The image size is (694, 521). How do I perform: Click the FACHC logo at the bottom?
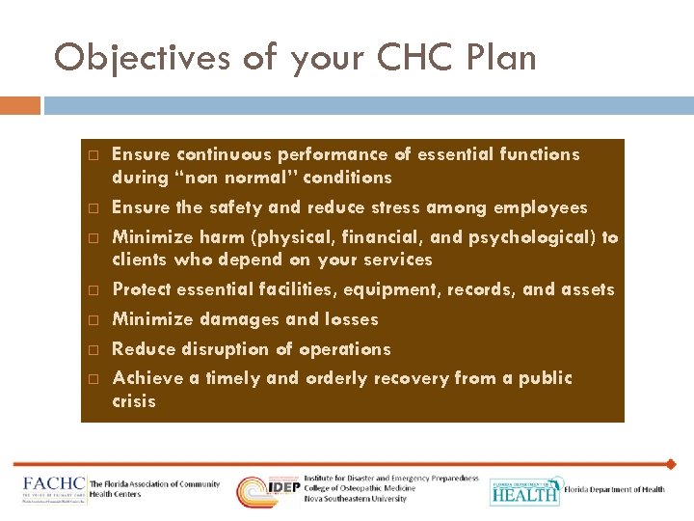pyautogui.click(x=53, y=487)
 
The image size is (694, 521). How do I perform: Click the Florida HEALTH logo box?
pyautogui.click(x=524, y=491)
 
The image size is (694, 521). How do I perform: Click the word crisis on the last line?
pyautogui.click(x=134, y=401)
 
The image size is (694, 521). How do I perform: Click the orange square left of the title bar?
pyautogui.click(x=20, y=104)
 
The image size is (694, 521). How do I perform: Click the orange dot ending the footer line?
pyautogui.click(x=671, y=464)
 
